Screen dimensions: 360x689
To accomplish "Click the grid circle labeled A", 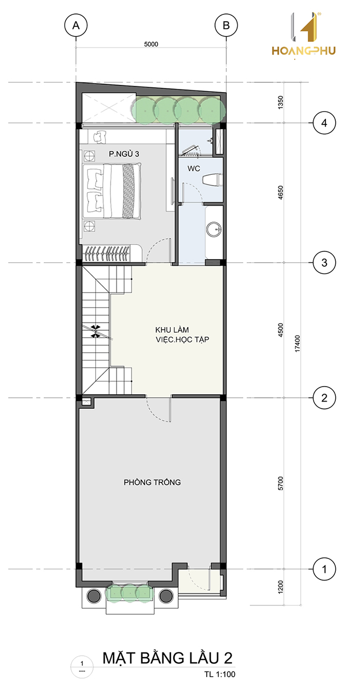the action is [x=76, y=25].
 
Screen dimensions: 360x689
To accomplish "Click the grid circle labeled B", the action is [x=226, y=25].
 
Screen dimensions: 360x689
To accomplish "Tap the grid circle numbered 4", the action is [x=324, y=123].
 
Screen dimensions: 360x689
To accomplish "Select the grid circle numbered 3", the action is [x=324, y=263].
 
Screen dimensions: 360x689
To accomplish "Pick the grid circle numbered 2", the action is [x=324, y=398].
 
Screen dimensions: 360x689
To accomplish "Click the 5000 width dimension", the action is [x=151, y=44].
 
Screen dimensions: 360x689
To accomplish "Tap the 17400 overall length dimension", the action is [x=297, y=343].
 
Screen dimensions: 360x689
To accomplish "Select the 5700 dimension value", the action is [x=280, y=483].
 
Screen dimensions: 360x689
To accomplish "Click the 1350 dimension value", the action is [x=280, y=102].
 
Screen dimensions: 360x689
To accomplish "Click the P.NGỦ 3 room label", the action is [x=124, y=154].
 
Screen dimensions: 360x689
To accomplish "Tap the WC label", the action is [x=194, y=169].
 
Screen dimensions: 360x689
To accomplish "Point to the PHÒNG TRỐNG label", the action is [x=152, y=482].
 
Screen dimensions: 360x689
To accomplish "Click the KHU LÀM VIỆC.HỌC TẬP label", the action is [x=182, y=335].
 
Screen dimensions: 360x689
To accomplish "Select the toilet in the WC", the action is [x=212, y=180].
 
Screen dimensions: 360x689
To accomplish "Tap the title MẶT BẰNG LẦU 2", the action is [x=167, y=658].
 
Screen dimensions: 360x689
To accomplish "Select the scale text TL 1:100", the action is [x=220, y=674].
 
